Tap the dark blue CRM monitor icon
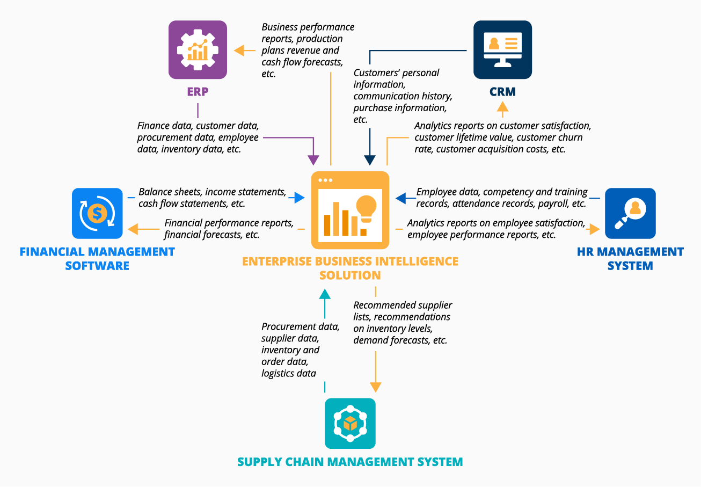(x=502, y=50)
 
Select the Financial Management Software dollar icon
(x=97, y=213)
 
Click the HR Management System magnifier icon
(x=630, y=213)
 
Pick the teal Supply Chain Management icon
(x=350, y=423)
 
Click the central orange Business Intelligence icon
(x=350, y=210)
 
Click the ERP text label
(x=198, y=92)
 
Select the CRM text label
(x=502, y=92)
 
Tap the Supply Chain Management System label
(x=350, y=462)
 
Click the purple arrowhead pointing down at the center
(x=313, y=159)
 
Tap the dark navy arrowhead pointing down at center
(x=370, y=159)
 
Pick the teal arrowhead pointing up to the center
(x=325, y=294)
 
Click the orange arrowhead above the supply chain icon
(x=375, y=387)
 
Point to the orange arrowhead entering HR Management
(x=593, y=229)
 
